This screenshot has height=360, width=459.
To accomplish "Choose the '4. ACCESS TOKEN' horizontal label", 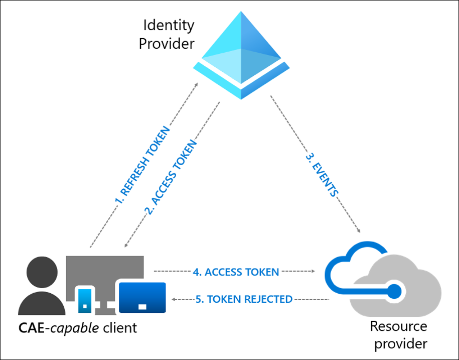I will tap(236, 272).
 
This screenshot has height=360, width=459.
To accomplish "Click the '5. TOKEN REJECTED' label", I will tap(243, 299).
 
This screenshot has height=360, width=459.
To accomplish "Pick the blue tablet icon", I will tap(142, 297).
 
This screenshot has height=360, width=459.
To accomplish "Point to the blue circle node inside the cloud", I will tap(395, 290).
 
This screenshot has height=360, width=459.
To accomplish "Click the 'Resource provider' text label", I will tap(398, 335).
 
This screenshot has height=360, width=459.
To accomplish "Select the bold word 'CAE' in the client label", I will tap(29, 328).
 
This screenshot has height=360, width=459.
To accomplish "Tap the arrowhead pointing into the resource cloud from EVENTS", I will tap(359, 230).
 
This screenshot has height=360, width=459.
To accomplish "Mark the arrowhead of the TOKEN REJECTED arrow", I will tap(174, 299).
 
